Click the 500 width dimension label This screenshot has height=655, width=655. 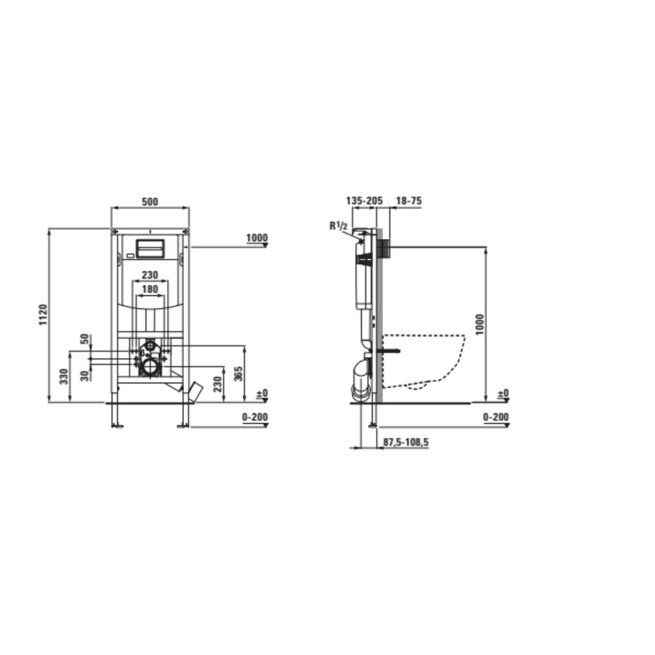[150, 202]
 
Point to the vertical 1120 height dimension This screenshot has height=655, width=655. [43, 316]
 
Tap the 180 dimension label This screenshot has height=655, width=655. [150, 289]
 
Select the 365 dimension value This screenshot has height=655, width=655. [238, 374]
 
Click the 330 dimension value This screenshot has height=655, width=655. [64, 377]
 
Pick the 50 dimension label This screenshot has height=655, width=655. [84, 339]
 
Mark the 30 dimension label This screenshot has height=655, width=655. [84, 375]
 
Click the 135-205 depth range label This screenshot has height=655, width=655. [364, 201]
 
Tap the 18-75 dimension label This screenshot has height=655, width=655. [409, 201]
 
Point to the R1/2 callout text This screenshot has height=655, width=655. [339, 227]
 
